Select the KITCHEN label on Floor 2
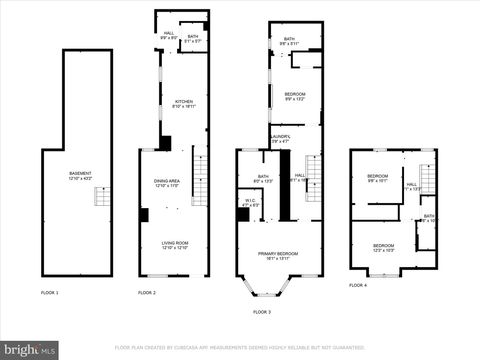pyautogui.click(x=184, y=103)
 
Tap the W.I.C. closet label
pyautogui.click(x=249, y=202)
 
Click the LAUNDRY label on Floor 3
pyautogui.click(x=280, y=138)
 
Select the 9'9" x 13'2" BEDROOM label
pyautogui.click(x=294, y=96)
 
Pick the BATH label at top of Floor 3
pyautogui.click(x=288, y=40)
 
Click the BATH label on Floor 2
pyautogui.click(x=193, y=39)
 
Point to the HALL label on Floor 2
pyautogui.click(x=169, y=35)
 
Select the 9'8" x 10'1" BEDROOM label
pyautogui.click(x=377, y=179)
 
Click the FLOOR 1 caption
pyautogui.click(x=49, y=292)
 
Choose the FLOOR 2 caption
pyautogui.click(x=147, y=292)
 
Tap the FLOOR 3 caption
pyautogui.click(x=261, y=312)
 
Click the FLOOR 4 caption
pyautogui.click(x=359, y=285)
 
